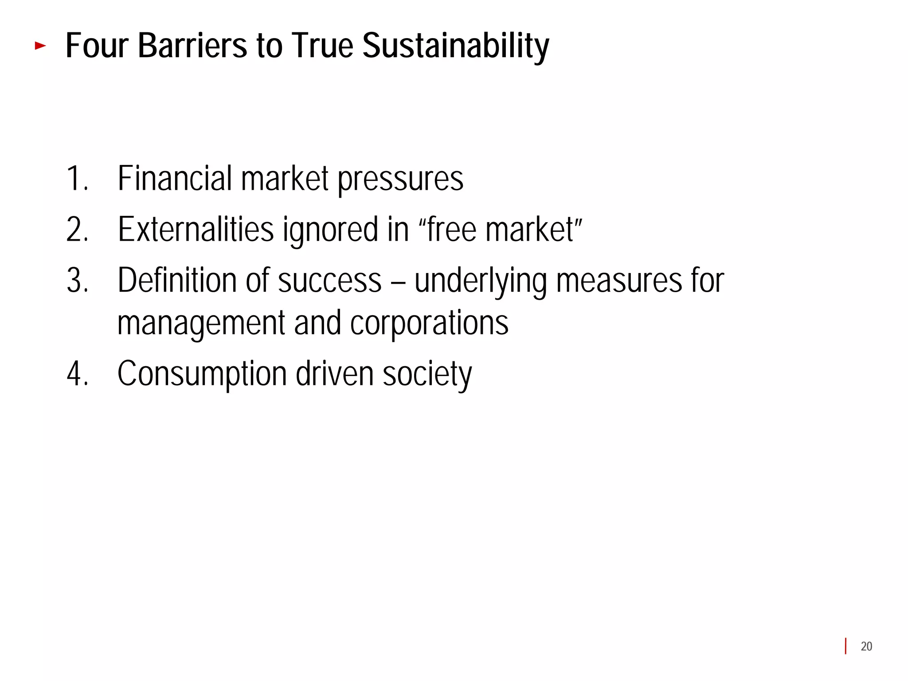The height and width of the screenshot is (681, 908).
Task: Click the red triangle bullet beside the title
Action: click(40, 45)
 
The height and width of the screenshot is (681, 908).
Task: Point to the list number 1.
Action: click(76, 178)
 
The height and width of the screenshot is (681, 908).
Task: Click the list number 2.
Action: click(77, 229)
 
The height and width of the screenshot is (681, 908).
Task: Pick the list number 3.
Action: click(77, 280)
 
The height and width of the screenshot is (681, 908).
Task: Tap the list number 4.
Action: click(77, 374)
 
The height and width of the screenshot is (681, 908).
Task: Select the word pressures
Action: click(400, 180)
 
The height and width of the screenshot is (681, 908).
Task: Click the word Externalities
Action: click(196, 229)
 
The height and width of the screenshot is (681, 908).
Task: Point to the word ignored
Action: click(330, 231)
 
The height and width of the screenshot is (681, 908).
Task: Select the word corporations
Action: click(429, 324)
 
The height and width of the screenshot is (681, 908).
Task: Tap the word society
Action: click(427, 375)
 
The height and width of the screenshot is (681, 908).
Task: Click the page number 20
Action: click(866, 646)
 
